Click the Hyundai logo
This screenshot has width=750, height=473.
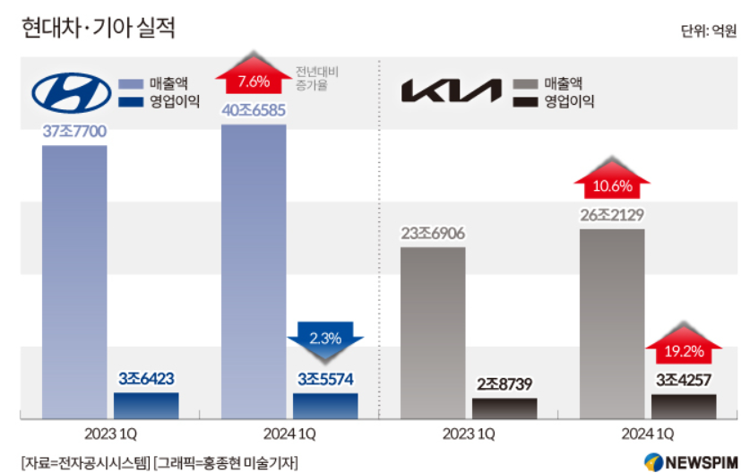point(72,90)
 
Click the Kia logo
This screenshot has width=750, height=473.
point(452,91)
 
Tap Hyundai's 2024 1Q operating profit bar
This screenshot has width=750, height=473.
point(325,405)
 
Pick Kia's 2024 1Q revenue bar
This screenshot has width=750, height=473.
point(612,322)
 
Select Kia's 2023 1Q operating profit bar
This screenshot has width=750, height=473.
point(504,408)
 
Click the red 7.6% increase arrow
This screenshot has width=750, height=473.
point(254,80)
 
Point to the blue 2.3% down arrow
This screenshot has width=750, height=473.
point(325,338)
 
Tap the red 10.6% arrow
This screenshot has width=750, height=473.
point(612,184)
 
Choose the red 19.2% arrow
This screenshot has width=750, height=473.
point(684,348)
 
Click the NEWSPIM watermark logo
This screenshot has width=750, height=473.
point(689,460)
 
